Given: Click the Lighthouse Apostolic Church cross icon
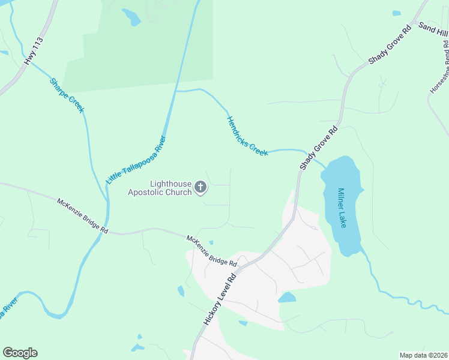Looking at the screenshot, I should tap(201, 188).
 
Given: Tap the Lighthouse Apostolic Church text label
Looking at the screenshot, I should tap(159, 188).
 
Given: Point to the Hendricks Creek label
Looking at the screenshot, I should tap(247, 136).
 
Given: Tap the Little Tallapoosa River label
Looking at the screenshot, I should tap(136, 160).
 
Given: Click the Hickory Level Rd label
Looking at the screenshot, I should tap(221, 296).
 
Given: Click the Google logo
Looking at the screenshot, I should tap(20, 353).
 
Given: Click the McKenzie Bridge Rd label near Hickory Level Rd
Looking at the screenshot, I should tap(211, 251).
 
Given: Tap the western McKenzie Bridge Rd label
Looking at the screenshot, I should tap(82, 216).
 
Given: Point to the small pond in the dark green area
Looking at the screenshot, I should tap(130, 17).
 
